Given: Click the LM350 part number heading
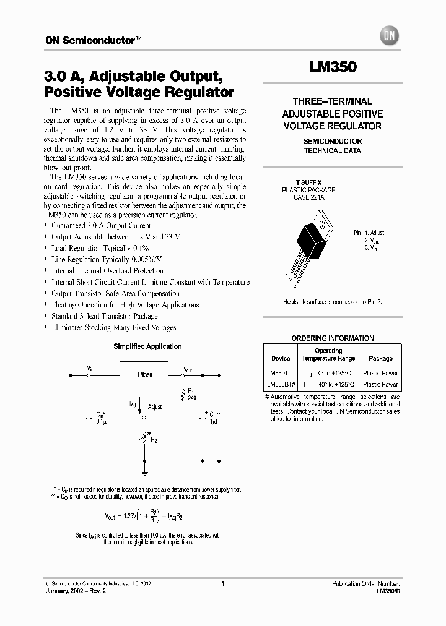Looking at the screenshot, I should [333, 67].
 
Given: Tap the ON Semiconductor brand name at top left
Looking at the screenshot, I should [90, 40].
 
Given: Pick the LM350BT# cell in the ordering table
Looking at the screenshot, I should [280, 384].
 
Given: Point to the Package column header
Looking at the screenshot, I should [380, 358].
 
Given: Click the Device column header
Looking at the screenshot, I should [281, 358].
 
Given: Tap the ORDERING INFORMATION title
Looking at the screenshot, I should [333, 338].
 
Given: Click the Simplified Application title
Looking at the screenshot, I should [147, 346].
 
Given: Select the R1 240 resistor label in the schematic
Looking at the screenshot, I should [191, 395].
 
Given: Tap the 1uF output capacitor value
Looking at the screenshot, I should [214, 422].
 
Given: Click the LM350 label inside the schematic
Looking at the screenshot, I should [144, 375].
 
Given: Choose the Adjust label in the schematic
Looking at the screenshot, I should [155, 406].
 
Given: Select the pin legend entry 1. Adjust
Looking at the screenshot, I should [374, 233].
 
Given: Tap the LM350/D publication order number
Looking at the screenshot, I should [388, 591].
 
